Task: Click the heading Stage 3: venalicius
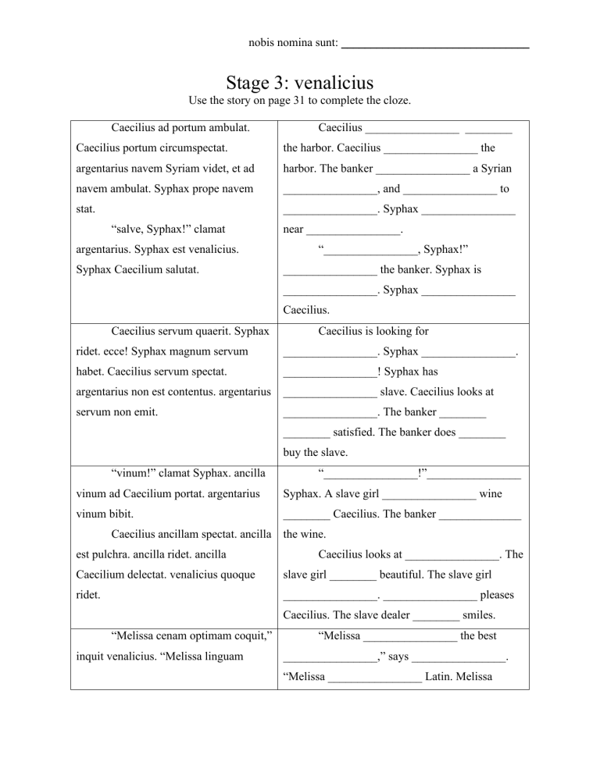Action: point(300,83)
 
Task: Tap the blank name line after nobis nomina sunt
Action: point(435,48)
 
